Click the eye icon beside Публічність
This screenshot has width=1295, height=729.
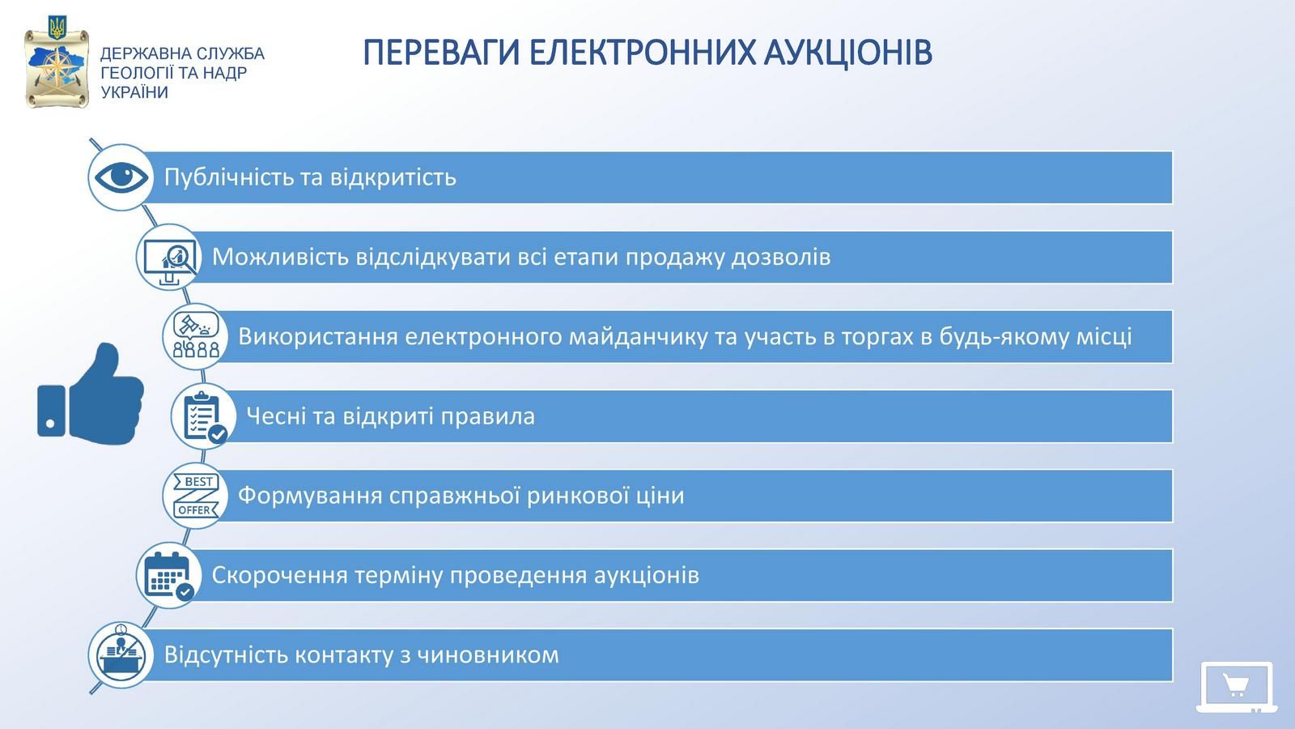click(x=121, y=177)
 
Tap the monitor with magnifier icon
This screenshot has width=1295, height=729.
click(x=169, y=261)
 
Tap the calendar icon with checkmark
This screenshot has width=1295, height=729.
click(x=169, y=576)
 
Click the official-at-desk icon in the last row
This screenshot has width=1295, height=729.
click(x=121, y=655)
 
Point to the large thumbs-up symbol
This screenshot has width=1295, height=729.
click(x=91, y=394)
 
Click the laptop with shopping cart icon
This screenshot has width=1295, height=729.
click(x=1237, y=687)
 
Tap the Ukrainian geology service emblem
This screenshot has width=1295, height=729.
click(x=57, y=63)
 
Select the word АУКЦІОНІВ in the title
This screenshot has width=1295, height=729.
click(x=847, y=53)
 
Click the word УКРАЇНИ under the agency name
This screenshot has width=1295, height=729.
click(x=134, y=92)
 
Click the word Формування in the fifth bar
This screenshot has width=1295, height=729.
click(x=310, y=495)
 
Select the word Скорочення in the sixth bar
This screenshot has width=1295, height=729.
click(x=279, y=575)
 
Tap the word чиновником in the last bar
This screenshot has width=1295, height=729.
click(x=488, y=655)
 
